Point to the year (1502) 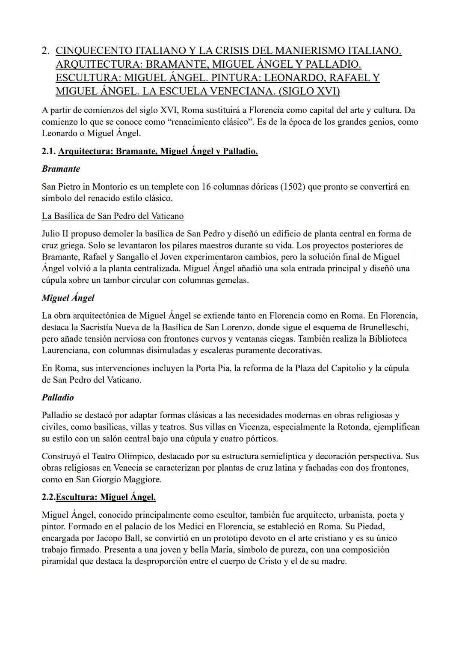coord(292,187)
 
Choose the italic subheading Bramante coord(61,169)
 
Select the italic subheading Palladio coord(58,397)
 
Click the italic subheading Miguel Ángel coord(68,298)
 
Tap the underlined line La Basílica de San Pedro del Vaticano coord(113,216)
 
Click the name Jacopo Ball coord(121,538)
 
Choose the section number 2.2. coord(49,497)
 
